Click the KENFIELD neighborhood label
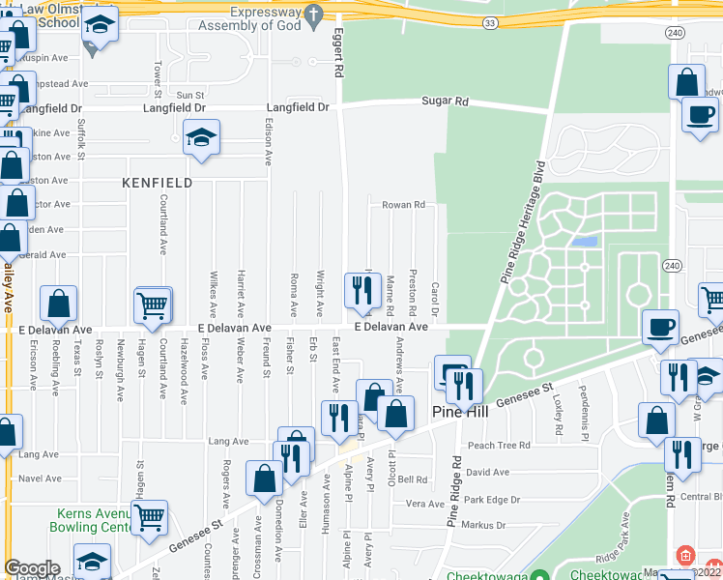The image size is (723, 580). pyautogui.click(x=157, y=183)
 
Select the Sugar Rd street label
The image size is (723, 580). pyautogui.click(x=445, y=101)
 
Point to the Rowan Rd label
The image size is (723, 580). pyautogui.click(x=403, y=205)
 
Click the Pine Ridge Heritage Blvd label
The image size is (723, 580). pyautogui.click(x=519, y=220)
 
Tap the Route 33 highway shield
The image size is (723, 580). pyautogui.click(x=490, y=22)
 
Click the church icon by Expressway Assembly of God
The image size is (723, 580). pyautogui.click(x=312, y=14)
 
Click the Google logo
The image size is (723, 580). pyautogui.click(x=32, y=568)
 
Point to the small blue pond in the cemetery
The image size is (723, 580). pyautogui.click(x=583, y=242)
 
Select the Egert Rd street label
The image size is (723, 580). pyautogui.click(x=339, y=53)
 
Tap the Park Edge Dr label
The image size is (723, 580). pyautogui.click(x=491, y=500)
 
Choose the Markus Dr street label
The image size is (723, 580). pyautogui.click(x=484, y=525)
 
